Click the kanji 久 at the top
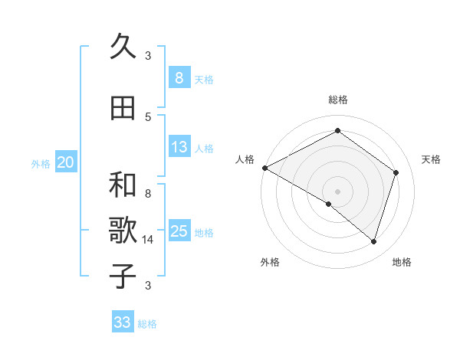click(123, 47)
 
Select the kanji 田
click(123, 108)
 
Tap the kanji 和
click(123, 185)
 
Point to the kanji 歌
click(123, 231)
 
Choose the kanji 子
click(123, 277)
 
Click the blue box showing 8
click(179, 77)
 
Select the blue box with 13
click(179, 148)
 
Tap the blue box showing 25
click(179, 231)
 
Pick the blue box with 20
click(66, 162)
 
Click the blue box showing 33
click(123, 322)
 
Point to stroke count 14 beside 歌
click(148, 240)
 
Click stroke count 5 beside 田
click(148, 116)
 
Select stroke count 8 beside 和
click(148, 194)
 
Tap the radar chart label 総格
click(337, 100)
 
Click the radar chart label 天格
click(432, 159)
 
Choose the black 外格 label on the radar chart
click(270, 262)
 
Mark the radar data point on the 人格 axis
click(264, 168)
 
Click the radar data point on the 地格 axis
click(373, 241)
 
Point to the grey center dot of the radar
click(337, 191)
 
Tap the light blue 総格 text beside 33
click(148, 324)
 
